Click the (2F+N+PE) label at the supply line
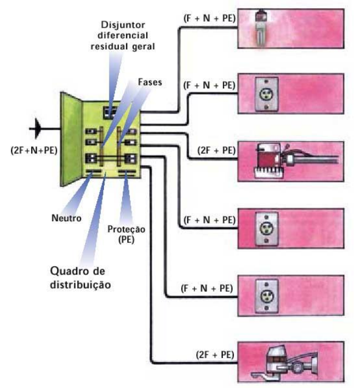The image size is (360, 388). pos(33,151)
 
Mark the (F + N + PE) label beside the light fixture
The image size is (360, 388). pos(208,19)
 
